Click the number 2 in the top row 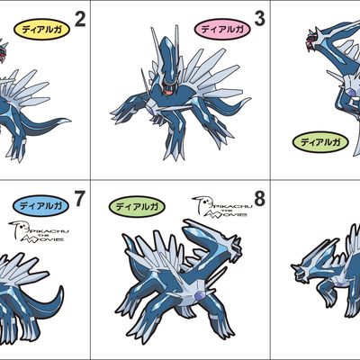[x=79, y=18]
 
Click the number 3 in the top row [x=260, y=18]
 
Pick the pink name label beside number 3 [x=220, y=29]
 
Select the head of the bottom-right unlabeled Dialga [x=301, y=266]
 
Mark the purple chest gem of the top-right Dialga [x=347, y=93]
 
